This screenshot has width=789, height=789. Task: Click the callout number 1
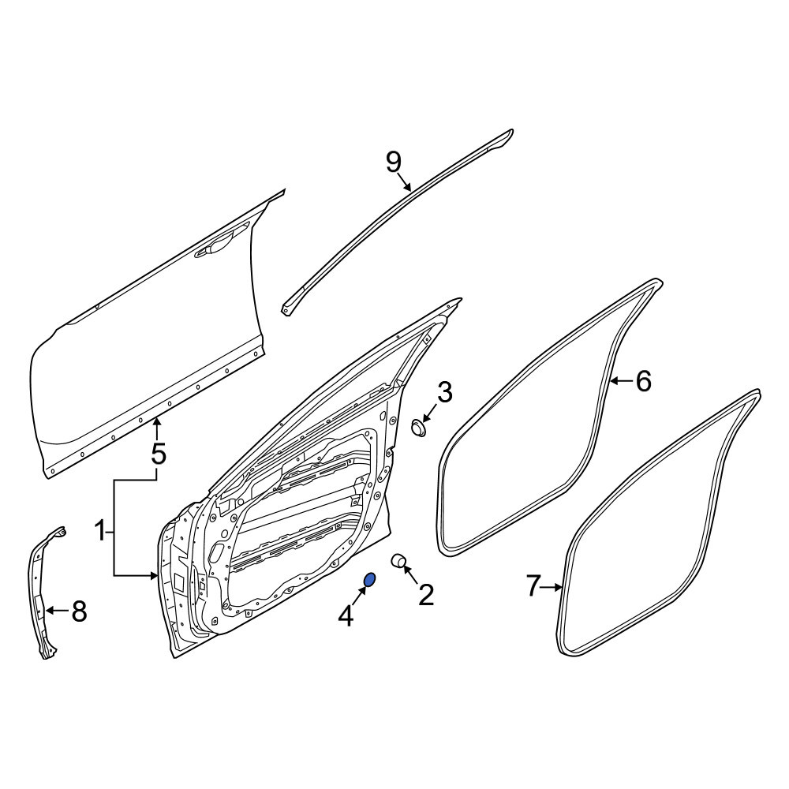(101, 531)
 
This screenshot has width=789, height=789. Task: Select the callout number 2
(426, 595)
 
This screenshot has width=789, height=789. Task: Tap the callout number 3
(445, 392)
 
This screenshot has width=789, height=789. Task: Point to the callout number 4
(346, 616)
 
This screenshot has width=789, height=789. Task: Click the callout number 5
(158, 454)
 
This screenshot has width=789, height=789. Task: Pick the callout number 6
(644, 381)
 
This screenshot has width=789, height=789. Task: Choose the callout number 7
(534, 586)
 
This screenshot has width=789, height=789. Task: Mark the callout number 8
(79, 611)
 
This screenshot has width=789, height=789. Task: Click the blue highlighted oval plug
(369, 580)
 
